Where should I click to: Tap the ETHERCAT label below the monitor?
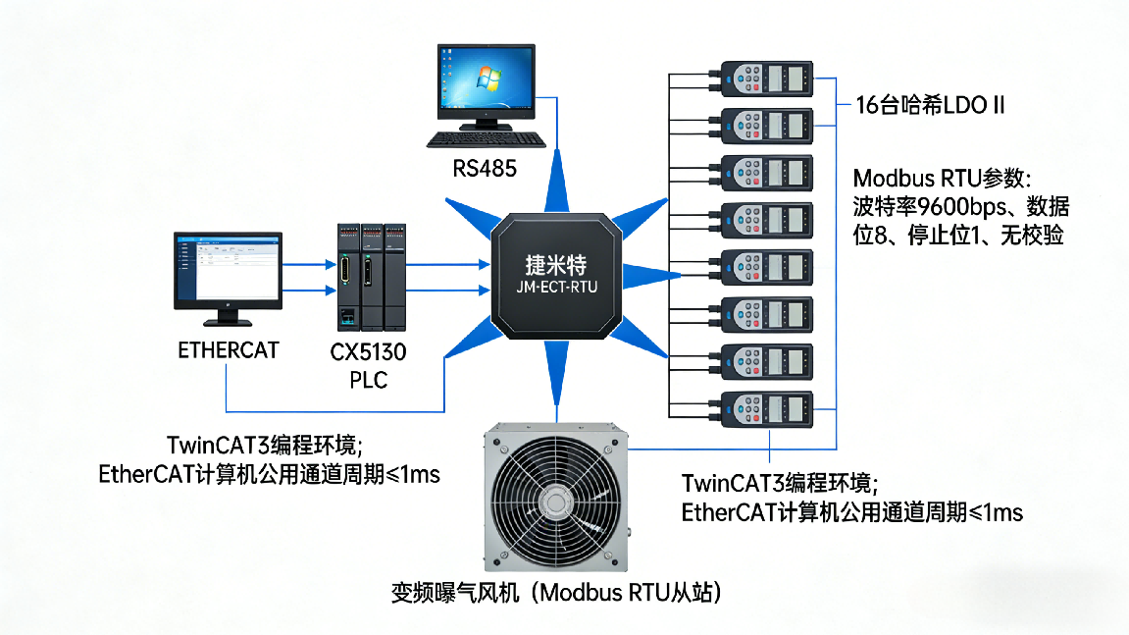pos(228,349)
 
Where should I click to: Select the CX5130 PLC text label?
pos(369,365)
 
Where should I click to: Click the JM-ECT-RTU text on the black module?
pos(556,288)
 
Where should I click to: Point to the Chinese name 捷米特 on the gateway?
pos(556,265)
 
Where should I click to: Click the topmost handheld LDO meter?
pos(767,78)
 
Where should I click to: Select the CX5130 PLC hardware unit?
pos(369,277)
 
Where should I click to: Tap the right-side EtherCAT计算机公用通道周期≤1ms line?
pos(851,512)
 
